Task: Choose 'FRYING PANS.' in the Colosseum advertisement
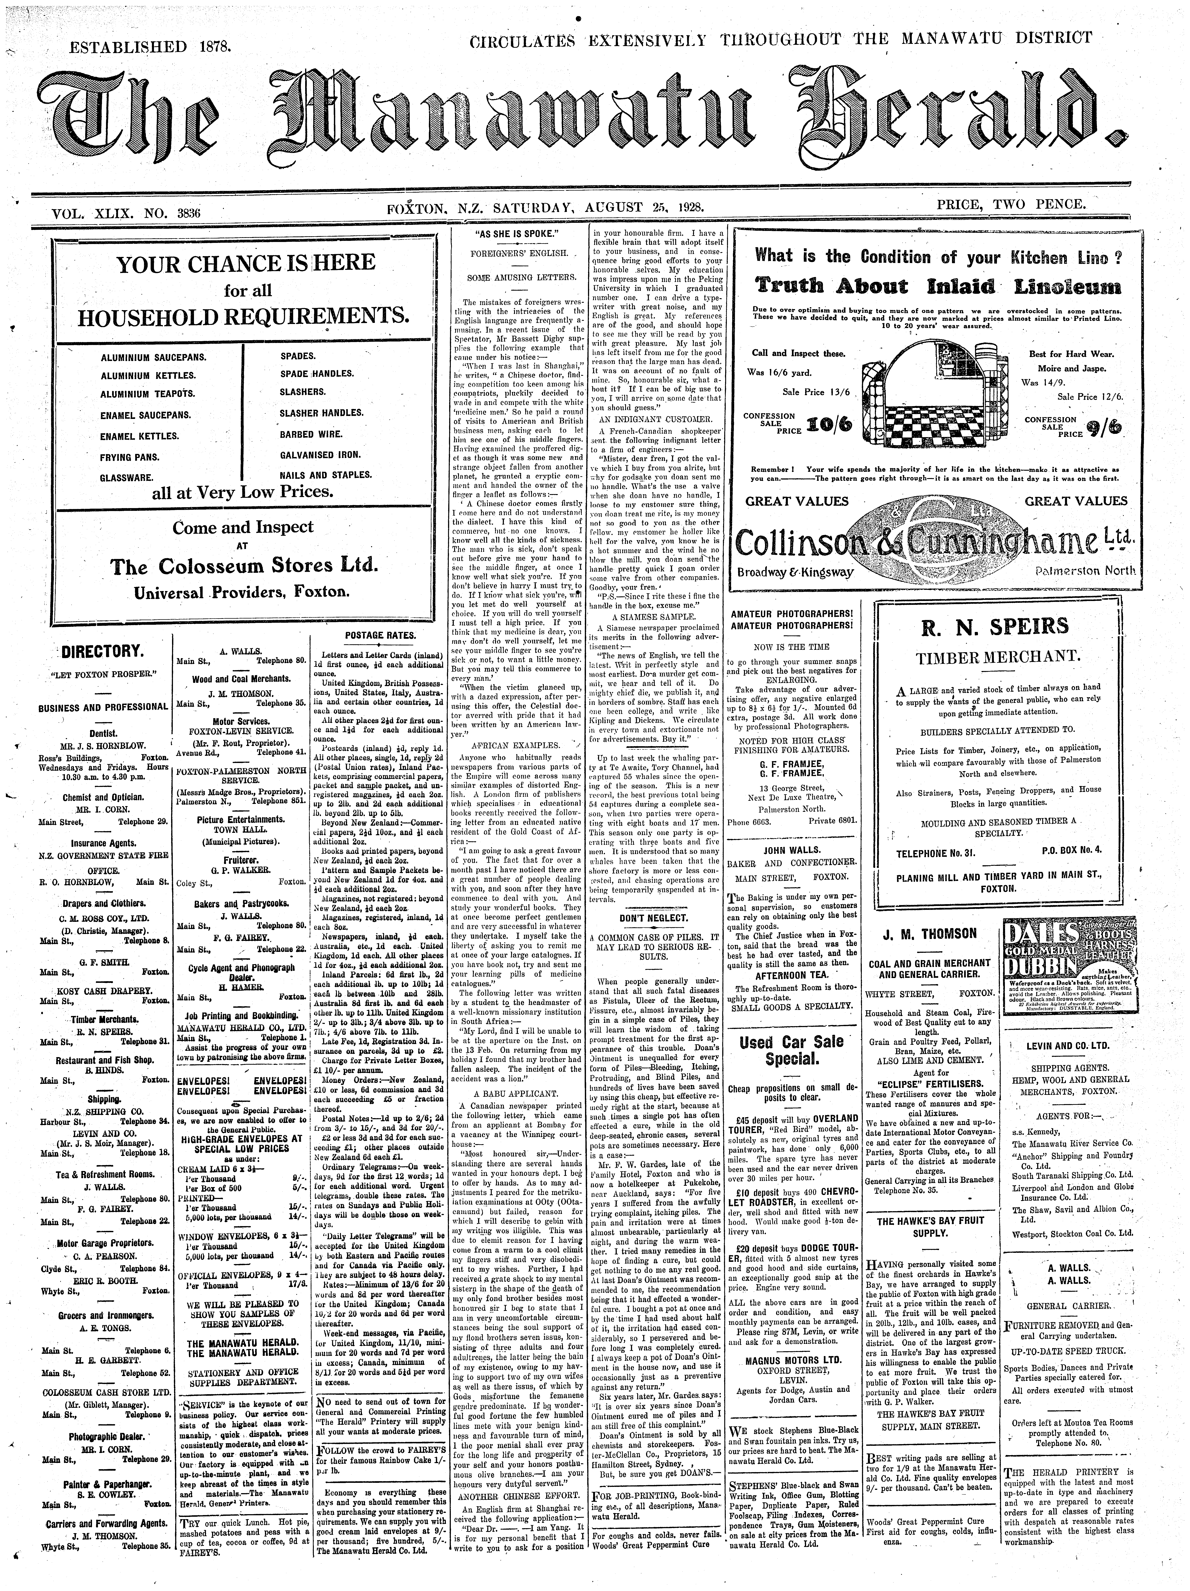[129, 457]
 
